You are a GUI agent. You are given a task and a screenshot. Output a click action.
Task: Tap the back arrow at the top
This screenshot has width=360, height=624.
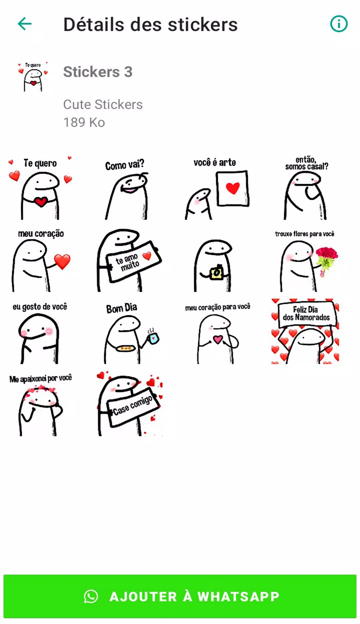pyautogui.click(x=25, y=24)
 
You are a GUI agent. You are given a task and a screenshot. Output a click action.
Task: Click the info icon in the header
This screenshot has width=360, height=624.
pyautogui.click(x=339, y=24)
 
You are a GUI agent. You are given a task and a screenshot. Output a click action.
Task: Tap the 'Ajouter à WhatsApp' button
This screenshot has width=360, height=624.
pyautogui.click(x=180, y=596)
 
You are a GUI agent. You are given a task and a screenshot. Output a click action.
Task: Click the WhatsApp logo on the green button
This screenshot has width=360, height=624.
pyautogui.click(x=91, y=596)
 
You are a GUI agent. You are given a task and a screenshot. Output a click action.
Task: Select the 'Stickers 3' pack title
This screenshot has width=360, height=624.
pyautogui.click(x=98, y=72)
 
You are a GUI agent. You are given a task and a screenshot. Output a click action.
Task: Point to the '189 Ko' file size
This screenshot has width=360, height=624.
pyautogui.click(x=84, y=122)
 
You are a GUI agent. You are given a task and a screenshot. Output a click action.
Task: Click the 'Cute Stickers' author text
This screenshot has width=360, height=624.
pyautogui.click(x=103, y=104)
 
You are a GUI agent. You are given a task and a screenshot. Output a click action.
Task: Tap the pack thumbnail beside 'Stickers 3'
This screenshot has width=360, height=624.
pyautogui.click(x=33, y=77)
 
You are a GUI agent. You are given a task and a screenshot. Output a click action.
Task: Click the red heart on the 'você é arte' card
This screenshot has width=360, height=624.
pyautogui.click(x=233, y=188)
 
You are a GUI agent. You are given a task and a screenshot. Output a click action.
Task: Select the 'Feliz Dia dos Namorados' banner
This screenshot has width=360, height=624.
pyautogui.click(x=306, y=314)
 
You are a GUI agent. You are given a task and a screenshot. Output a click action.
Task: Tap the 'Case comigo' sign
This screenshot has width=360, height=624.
pyautogui.click(x=133, y=406)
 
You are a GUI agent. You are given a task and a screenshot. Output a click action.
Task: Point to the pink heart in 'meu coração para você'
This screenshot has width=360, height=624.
pyautogui.click(x=218, y=339)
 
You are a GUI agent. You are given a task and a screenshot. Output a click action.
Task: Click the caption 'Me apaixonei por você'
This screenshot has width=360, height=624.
pyautogui.click(x=41, y=379)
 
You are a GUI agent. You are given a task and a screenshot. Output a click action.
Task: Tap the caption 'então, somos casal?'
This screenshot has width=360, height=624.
pyautogui.click(x=307, y=163)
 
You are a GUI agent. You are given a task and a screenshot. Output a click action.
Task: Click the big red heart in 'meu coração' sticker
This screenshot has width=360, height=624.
pyautogui.click(x=62, y=261)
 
